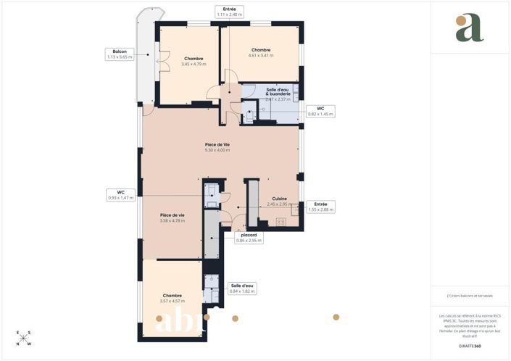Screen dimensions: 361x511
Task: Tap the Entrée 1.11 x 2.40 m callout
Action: (x=229, y=12)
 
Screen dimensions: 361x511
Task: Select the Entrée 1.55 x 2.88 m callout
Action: (x=320, y=207)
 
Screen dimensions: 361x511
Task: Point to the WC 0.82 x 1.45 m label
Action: (x=320, y=111)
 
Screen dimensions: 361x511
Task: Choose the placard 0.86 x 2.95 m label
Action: (x=248, y=237)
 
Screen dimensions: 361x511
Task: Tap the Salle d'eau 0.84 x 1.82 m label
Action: (x=243, y=289)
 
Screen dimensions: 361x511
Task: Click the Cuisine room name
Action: (x=279, y=199)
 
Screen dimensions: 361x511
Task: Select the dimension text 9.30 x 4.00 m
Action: (x=217, y=150)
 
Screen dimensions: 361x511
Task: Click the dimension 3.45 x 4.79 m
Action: (x=194, y=64)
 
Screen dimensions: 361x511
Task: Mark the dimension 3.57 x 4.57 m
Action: (x=173, y=301)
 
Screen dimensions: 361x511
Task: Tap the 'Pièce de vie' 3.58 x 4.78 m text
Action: (x=173, y=220)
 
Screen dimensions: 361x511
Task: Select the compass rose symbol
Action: (x=23, y=338)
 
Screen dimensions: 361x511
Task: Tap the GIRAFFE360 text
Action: (x=469, y=347)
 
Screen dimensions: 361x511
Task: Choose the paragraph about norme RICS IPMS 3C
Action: (x=469, y=325)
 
